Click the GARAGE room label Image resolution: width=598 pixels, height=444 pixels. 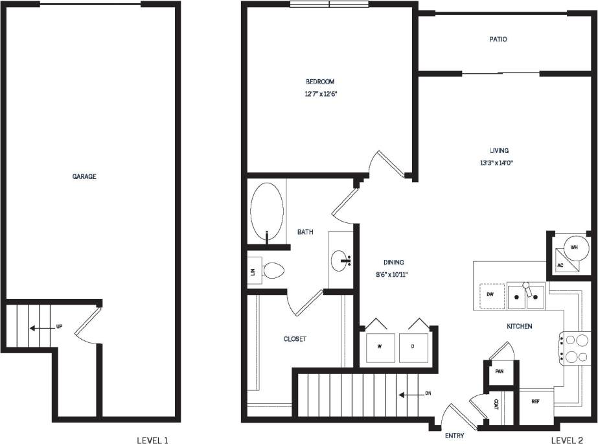coord(84,176)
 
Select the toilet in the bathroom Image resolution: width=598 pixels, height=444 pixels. coord(273,270)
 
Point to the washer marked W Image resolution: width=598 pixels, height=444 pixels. coord(380,345)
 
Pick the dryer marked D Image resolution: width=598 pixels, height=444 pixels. coord(413,345)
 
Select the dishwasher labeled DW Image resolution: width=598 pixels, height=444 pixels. coord(490,295)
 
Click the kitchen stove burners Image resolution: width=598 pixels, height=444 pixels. coord(576,347)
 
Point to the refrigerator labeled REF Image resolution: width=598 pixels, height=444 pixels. coord(535,402)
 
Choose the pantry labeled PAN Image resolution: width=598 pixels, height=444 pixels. coord(499,372)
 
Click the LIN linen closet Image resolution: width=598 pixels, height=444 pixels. coord(253,271)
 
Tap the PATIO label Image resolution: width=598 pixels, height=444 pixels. coord(498,40)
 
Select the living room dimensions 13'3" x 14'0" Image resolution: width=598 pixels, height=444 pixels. coord(499,163)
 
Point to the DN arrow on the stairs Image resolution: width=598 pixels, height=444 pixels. coord(408,394)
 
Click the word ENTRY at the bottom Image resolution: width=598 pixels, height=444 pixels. coord(455,436)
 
